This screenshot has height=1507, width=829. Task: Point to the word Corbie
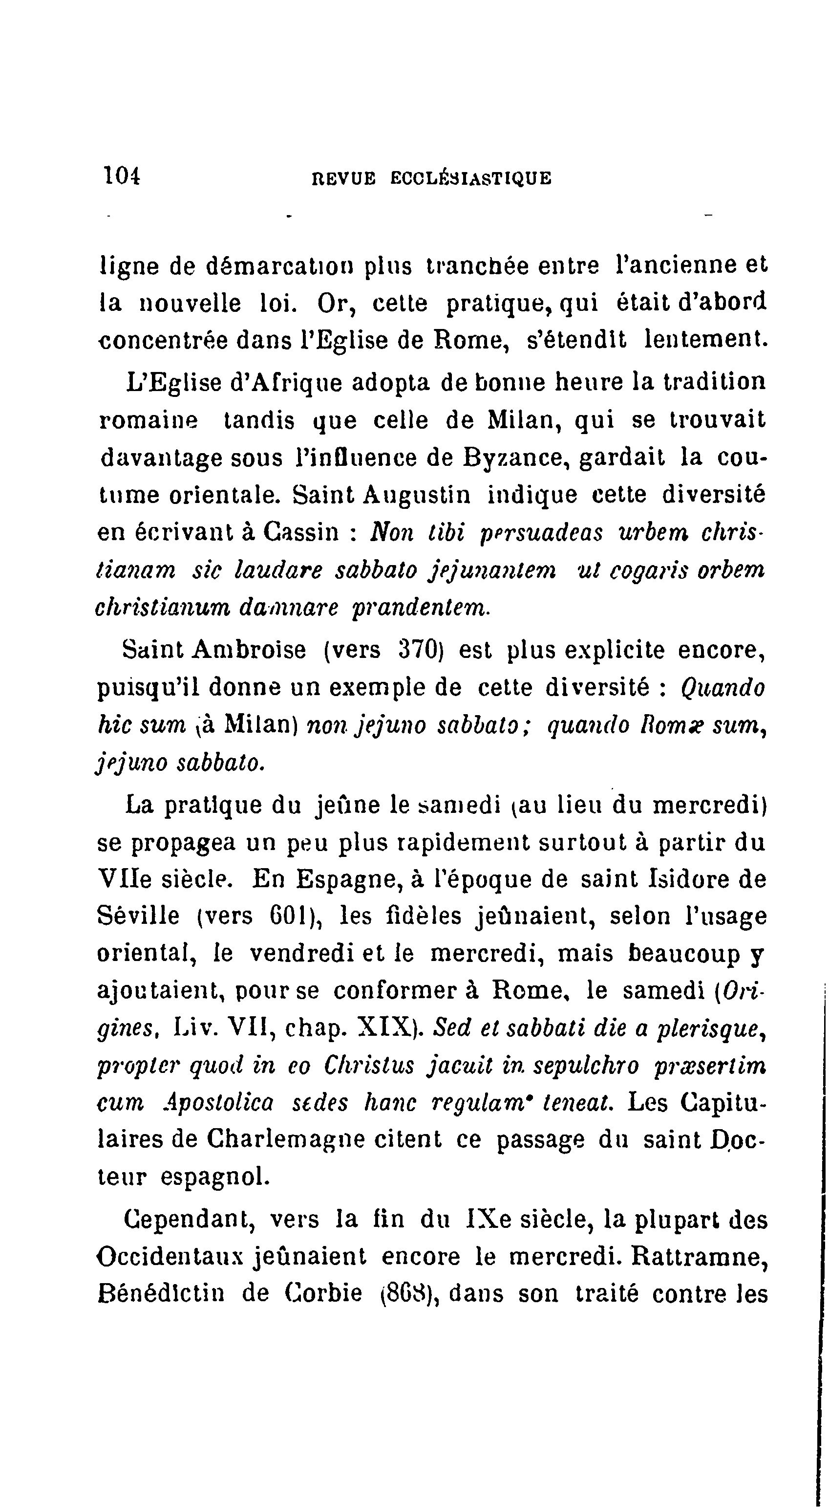tap(324, 1293)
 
